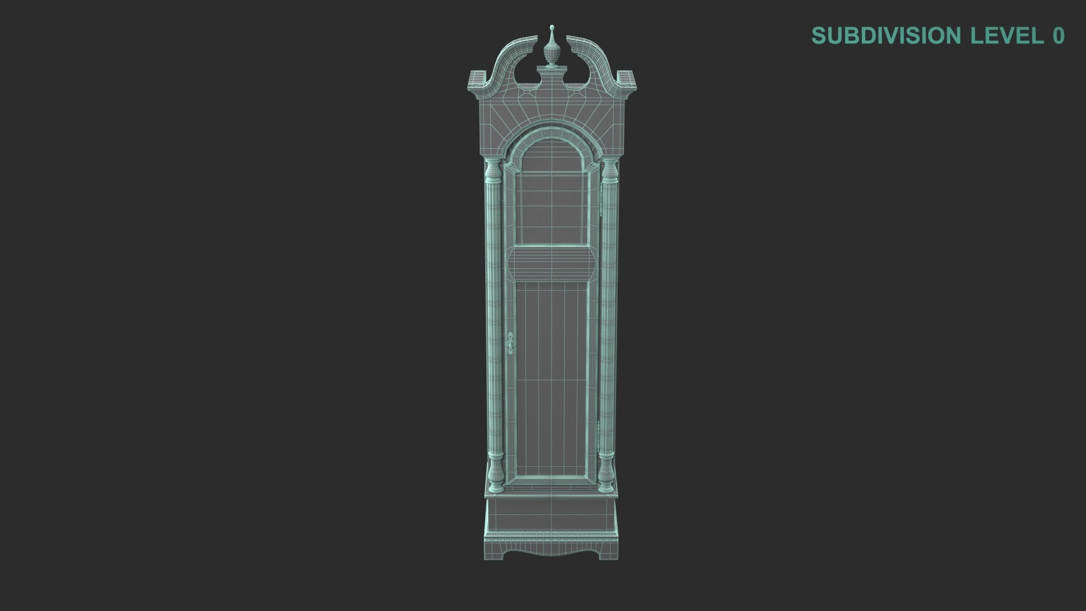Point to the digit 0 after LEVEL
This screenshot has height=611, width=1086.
click(1058, 35)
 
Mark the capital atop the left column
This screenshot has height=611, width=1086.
click(493, 166)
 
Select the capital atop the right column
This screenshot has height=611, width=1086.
click(609, 166)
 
